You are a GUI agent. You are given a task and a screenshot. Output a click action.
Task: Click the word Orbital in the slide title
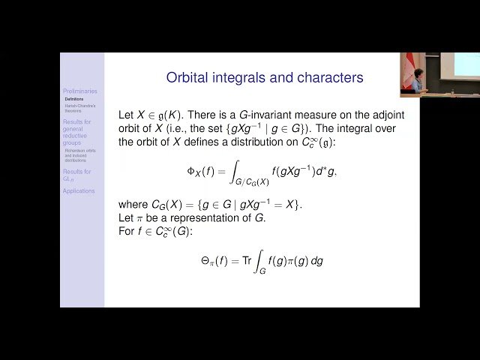pos(188,77)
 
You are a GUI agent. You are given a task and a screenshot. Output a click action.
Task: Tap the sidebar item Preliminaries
pos(79,91)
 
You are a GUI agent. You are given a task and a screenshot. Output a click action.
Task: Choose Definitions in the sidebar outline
pos(74,99)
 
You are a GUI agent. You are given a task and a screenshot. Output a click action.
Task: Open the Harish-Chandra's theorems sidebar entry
pos(79,108)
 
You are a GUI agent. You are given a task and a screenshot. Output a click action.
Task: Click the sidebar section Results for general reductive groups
pos(77,132)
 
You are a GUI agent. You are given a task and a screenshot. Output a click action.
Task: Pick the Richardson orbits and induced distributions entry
pos(80,155)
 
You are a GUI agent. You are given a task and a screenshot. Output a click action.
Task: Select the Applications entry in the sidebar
pos(79,191)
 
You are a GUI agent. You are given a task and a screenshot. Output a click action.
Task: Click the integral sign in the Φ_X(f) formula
pos(232,171)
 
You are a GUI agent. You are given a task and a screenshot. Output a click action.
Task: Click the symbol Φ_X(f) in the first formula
pos(202,171)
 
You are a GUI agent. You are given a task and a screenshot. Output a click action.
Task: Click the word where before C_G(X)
pos(134,204)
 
